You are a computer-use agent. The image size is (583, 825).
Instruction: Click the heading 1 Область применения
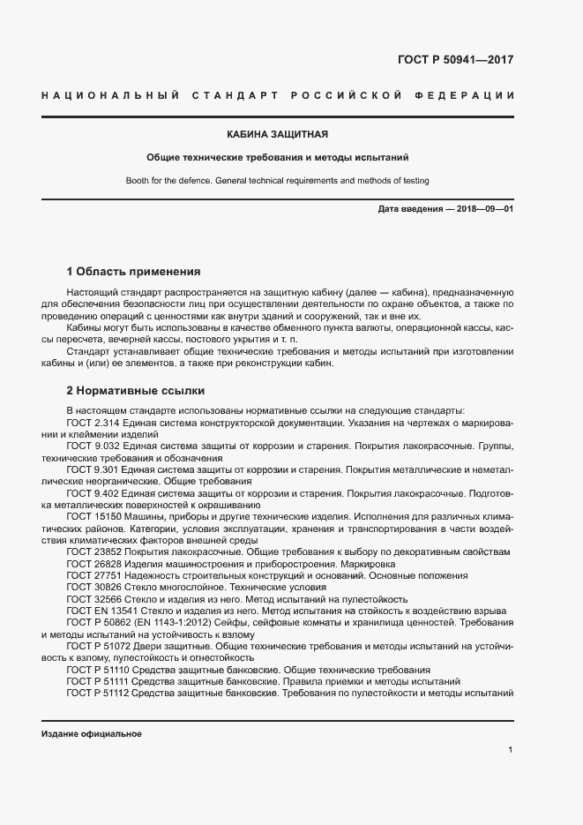[x=134, y=271]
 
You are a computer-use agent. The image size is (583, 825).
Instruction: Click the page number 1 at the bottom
[x=511, y=750]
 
